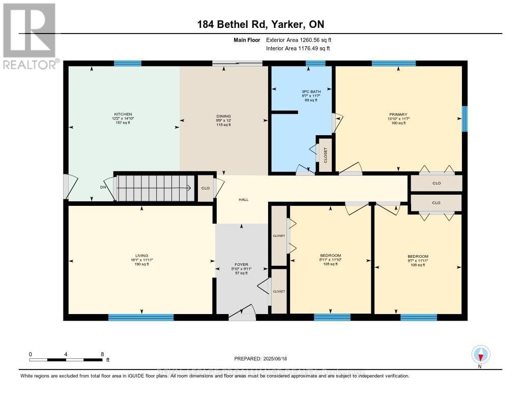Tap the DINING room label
[x=223, y=116]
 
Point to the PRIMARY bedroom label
[x=399, y=114]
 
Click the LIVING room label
[x=141, y=256]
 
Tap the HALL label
[x=244, y=200]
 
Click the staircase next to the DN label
[x=156, y=188]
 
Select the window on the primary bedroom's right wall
[x=464, y=118]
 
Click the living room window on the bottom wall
[x=141, y=318]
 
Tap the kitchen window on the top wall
[x=127, y=64]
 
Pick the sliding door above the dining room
[x=237, y=64]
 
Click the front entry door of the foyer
[x=242, y=316]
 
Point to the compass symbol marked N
[x=480, y=355]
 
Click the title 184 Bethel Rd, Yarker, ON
[x=260, y=24]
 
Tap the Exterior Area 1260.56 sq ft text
[x=299, y=40]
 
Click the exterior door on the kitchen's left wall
[x=66, y=187]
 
